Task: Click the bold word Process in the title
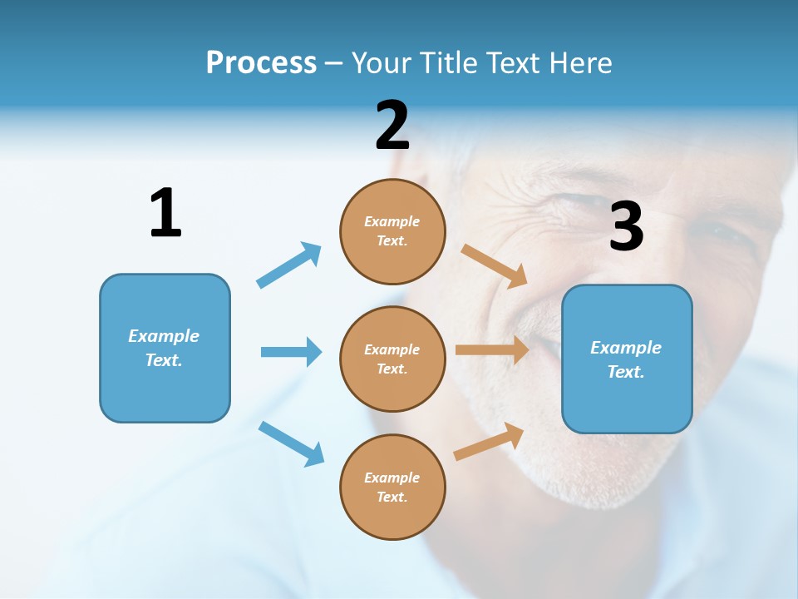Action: point(261,62)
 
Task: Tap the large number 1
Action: point(165,213)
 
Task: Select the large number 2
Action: point(392,126)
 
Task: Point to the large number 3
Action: point(627,227)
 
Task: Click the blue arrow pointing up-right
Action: point(289,265)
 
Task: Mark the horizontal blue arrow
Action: point(291,352)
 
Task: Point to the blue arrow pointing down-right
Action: point(292,443)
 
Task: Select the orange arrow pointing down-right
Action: point(495,265)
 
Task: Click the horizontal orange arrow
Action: point(492,350)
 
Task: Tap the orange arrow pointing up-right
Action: point(490,441)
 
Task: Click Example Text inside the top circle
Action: point(392,231)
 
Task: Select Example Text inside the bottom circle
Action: point(392,488)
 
